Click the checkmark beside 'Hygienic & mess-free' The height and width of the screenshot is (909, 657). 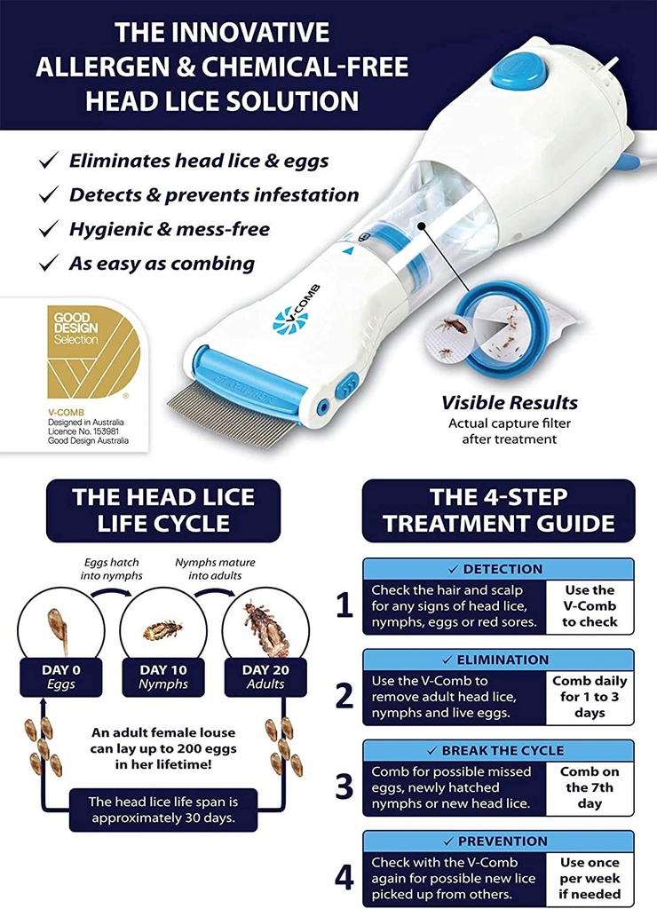[x=49, y=228]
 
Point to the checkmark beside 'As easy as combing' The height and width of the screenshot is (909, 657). [x=49, y=263]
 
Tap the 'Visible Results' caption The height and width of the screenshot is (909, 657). [x=509, y=402]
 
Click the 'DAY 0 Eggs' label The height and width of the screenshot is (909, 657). [x=61, y=677]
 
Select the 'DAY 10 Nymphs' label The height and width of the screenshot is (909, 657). [x=163, y=677]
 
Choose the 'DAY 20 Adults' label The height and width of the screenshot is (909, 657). [x=265, y=677]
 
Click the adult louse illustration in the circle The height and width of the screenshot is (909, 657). [x=265, y=628]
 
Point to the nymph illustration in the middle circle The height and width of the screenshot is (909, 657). [x=163, y=629]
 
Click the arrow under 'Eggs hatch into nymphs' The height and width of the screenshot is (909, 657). [x=111, y=591]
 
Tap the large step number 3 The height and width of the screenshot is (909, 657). [x=344, y=787]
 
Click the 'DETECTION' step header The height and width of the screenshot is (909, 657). [x=498, y=569]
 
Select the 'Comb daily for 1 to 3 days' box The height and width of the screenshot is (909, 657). [x=590, y=697]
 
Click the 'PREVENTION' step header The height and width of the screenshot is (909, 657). [x=498, y=842]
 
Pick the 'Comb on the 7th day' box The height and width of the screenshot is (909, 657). [x=590, y=788]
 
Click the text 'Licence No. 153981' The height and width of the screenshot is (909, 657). [x=83, y=431]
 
